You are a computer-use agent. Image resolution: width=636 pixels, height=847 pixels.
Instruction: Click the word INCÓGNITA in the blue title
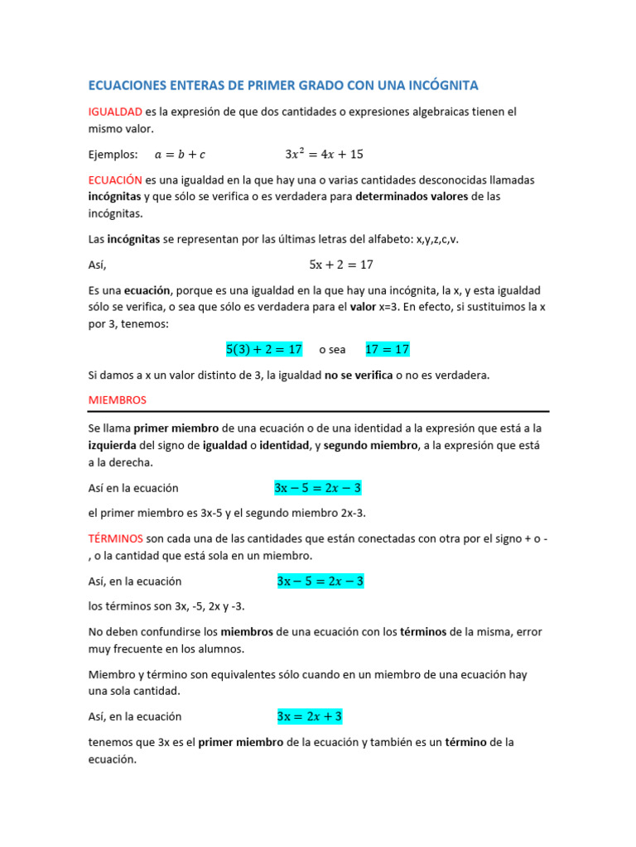click(438, 85)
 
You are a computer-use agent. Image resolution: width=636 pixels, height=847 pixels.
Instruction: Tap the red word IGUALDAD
click(115, 112)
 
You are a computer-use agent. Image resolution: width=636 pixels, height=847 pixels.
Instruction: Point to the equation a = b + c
click(180, 155)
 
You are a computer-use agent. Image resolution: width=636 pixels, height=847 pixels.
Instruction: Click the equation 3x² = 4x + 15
click(324, 154)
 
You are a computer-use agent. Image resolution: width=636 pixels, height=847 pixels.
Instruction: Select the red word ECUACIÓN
click(115, 179)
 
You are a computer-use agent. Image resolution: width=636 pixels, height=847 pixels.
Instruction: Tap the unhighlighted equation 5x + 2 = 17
click(341, 265)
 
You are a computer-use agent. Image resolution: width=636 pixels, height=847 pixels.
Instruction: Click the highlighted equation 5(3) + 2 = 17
click(264, 349)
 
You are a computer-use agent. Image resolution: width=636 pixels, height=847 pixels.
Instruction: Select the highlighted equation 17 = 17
click(388, 349)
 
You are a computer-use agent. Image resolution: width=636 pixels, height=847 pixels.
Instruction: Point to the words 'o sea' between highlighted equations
click(332, 350)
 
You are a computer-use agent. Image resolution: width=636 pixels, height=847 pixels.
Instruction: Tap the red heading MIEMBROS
click(117, 400)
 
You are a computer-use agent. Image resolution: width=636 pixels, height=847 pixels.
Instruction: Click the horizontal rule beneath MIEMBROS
click(318, 411)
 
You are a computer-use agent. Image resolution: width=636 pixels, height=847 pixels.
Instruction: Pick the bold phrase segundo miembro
click(370, 446)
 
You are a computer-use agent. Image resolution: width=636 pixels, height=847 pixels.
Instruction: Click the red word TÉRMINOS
click(116, 538)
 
